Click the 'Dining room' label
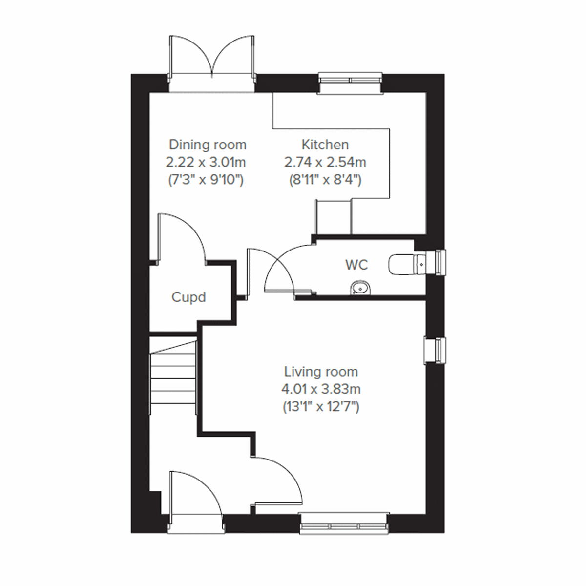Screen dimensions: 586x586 click(x=208, y=145)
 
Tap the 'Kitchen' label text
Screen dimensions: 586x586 click(x=325, y=145)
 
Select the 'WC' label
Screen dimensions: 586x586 click(x=356, y=265)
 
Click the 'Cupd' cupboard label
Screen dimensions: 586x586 click(x=188, y=297)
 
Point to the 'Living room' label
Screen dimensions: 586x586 click(x=321, y=372)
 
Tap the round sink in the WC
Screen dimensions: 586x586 click(x=361, y=289)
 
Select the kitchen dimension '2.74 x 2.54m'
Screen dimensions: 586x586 click(x=325, y=162)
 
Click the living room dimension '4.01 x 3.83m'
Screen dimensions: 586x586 click(x=321, y=389)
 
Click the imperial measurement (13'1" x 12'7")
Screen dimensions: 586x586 click(x=321, y=406)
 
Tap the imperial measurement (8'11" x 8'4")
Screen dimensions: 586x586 click(x=325, y=180)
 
